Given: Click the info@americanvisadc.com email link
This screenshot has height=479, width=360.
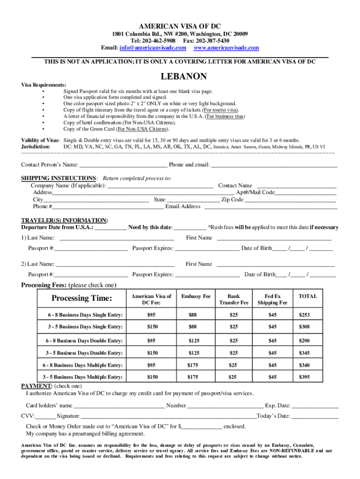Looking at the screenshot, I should click(153, 48).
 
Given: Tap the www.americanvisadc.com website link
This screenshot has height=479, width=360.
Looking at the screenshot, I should click(226, 48).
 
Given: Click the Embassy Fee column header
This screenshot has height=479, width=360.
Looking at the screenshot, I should click(196, 296).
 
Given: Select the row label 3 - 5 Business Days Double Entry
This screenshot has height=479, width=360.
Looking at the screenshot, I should click(84, 353).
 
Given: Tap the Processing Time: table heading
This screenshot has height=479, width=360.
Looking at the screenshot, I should click(82, 298).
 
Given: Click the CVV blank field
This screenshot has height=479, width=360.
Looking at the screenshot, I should click(45, 416).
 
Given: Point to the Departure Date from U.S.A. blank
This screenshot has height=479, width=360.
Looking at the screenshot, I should click(110, 228).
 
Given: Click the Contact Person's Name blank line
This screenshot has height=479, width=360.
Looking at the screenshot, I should click(123, 165).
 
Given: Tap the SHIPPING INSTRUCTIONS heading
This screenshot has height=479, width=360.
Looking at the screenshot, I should click(58, 178).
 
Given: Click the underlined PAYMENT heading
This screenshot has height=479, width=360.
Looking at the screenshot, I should click(36, 386).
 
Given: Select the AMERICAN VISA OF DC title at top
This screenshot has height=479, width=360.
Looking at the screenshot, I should click(180, 25).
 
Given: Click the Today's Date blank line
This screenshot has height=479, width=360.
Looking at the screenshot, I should click(315, 416).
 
